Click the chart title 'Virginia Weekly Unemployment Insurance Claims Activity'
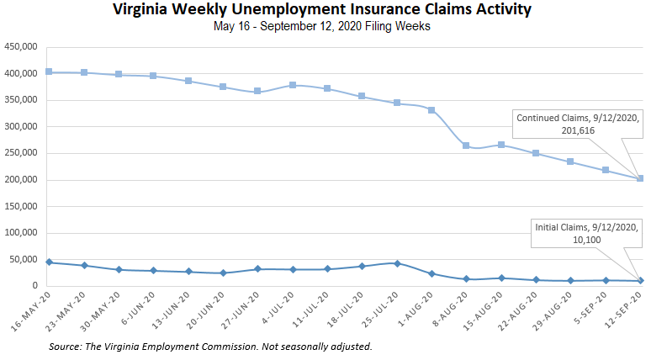click(x=332, y=10)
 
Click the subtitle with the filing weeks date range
click(x=332, y=26)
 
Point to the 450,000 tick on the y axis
click(x=20, y=47)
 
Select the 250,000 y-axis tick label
click(x=20, y=154)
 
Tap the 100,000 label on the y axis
click(x=20, y=233)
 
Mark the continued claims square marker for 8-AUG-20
click(x=466, y=146)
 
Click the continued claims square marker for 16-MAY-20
click(x=49, y=72)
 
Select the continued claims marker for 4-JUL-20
click(x=292, y=85)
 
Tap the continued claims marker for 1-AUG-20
click(x=431, y=110)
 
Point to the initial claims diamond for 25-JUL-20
click(x=396, y=263)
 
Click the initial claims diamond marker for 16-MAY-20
click(x=49, y=262)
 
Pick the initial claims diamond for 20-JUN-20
click(x=223, y=273)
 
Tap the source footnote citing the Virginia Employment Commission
click(x=210, y=346)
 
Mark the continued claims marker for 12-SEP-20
click(x=640, y=178)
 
